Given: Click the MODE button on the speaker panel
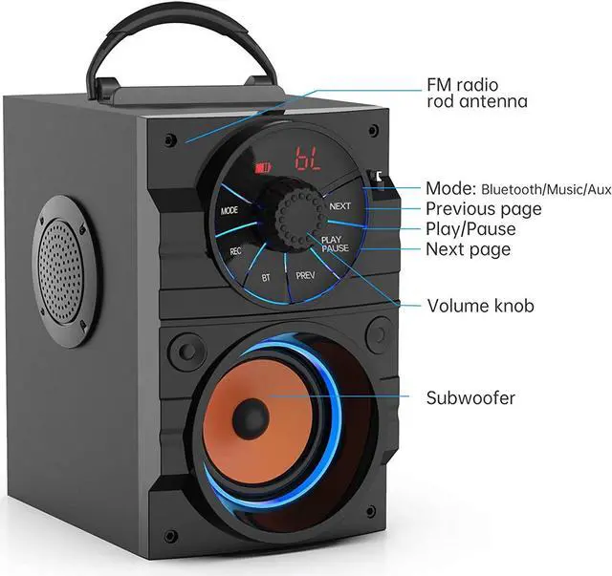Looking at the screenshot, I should pos(229,210).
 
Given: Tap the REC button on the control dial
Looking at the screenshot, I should pos(235,251).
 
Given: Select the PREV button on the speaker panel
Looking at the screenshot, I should pos(304,275).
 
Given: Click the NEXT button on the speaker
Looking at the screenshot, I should pos(340,205).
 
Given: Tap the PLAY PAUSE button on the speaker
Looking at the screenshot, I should pos(336,244).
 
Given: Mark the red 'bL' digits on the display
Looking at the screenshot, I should pos(308,157).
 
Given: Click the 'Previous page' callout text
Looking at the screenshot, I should pos(483,208).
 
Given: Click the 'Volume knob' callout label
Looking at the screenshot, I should pos(479,306).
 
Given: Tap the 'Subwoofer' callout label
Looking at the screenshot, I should pos(470,397).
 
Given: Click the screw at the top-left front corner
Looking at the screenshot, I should pos(170,139).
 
